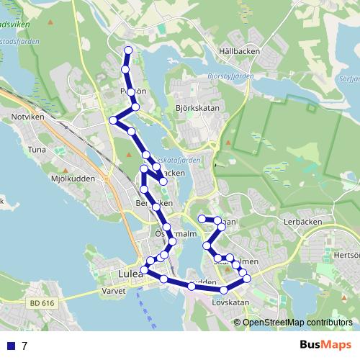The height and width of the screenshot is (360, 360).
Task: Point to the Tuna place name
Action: [36, 150]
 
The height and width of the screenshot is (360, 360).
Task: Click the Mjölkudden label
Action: [50, 176]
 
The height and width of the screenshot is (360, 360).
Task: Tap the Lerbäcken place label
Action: [301, 222]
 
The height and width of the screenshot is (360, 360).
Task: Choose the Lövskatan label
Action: [230, 302]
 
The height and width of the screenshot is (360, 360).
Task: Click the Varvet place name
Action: [114, 291]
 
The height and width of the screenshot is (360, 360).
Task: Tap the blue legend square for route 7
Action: [10, 346]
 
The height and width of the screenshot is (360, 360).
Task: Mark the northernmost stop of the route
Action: [129, 50]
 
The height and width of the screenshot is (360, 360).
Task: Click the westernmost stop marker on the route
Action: [112, 120]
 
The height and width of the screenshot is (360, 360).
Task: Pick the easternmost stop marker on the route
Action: [247, 278]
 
